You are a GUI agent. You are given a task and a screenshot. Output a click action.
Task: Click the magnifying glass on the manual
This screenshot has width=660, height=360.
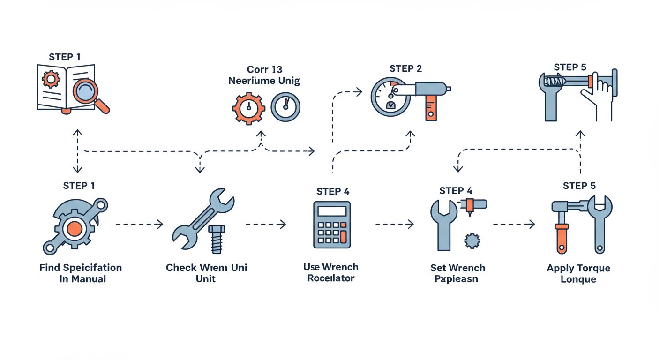(x=86, y=91)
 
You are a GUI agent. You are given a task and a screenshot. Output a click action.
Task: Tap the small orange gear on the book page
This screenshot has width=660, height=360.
(x=51, y=79)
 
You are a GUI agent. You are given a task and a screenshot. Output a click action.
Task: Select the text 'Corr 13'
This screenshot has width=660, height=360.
(x=264, y=69)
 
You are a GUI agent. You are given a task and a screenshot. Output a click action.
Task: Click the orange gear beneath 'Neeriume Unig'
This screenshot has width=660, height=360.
(x=248, y=108)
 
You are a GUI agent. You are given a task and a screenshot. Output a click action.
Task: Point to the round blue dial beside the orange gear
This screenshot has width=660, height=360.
(x=285, y=107)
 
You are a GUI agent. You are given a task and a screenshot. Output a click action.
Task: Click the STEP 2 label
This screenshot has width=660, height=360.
(x=405, y=68)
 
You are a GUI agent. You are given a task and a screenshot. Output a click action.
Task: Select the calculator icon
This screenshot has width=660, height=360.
(x=332, y=225)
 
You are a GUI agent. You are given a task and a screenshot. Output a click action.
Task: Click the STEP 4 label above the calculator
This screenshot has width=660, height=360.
(x=333, y=191)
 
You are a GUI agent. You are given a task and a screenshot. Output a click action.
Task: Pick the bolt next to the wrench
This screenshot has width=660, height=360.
(x=216, y=239)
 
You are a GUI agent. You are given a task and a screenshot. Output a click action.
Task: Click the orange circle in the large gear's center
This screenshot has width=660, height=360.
(x=74, y=229)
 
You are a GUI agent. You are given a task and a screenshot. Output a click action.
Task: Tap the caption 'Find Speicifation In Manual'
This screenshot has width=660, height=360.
(x=80, y=273)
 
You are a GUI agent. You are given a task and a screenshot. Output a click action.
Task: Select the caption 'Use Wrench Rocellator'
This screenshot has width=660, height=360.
(x=331, y=272)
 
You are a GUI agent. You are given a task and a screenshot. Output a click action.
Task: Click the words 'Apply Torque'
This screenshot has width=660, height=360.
(x=578, y=268)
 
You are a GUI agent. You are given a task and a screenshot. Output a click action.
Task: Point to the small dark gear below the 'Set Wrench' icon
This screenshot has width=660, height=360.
(x=472, y=241)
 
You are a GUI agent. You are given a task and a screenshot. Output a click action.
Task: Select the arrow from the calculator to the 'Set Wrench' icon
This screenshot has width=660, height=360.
(x=395, y=225)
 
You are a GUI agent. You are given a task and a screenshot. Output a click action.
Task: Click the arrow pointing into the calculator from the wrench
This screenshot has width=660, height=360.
(x=266, y=225)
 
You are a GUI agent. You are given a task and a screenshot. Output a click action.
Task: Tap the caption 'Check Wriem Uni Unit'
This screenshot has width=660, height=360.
(x=206, y=273)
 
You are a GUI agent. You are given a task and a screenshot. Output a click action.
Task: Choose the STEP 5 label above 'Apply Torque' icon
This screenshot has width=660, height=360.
(x=579, y=186)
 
